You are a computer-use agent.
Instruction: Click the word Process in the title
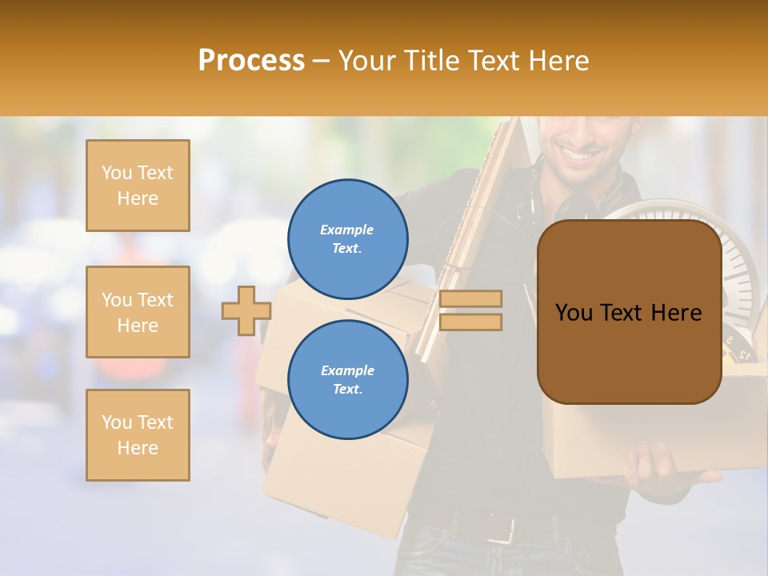coord(251,61)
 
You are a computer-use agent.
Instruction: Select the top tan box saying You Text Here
coord(138,186)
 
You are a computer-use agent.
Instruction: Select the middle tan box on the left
coord(138,312)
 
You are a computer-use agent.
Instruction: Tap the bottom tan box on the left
coord(138,435)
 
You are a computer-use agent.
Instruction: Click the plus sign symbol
coord(246,311)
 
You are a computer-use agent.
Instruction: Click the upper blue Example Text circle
coord(347,239)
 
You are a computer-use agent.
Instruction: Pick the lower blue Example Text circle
coord(347,380)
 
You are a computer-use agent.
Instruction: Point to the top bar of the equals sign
coord(471,299)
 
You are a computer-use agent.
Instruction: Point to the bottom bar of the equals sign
coord(471,322)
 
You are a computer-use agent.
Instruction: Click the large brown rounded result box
coord(629,312)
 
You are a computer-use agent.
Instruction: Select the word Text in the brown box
coord(628,313)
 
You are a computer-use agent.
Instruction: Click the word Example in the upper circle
coord(346,230)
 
